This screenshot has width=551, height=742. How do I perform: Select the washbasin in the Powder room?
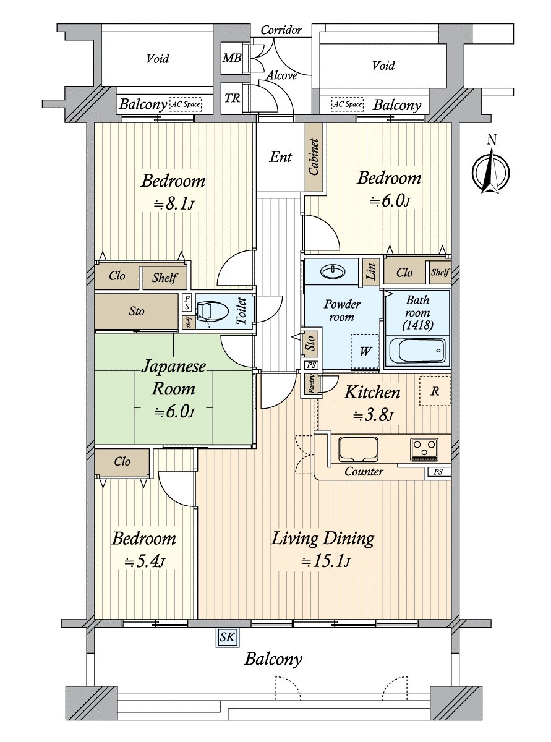click(x=333, y=271)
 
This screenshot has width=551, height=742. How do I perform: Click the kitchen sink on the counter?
click(x=358, y=449)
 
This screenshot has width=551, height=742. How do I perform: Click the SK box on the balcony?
click(x=228, y=637)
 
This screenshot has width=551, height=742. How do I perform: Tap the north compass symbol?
click(x=491, y=169)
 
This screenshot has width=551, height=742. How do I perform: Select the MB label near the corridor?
click(x=232, y=58)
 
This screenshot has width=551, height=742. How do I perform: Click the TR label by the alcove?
click(x=232, y=98)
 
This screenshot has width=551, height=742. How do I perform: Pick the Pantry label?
click(x=312, y=384)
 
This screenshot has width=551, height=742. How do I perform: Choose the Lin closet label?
click(x=371, y=271)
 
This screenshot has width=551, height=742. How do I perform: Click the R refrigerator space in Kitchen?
click(x=435, y=391)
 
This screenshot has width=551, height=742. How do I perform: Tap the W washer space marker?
click(x=365, y=351)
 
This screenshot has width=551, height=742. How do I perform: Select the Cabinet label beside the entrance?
click(x=314, y=157)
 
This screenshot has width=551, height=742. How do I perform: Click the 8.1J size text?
click(x=174, y=203)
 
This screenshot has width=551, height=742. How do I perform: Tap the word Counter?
click(x=364, y=472)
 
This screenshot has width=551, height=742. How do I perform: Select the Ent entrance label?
click(x=281, y=157)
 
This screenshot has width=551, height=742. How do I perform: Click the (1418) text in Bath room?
click(x=418, y=325)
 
